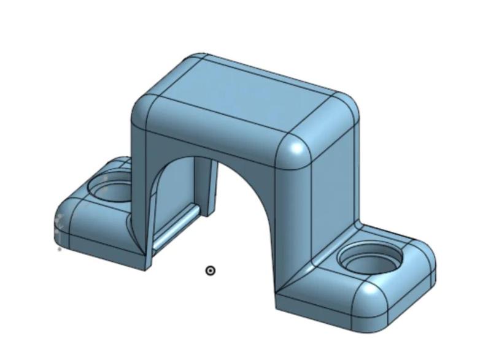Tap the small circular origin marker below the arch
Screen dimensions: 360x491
(211, 270)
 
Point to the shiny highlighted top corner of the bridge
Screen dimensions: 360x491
(298, 149)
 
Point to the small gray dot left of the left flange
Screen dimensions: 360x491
(60, 250)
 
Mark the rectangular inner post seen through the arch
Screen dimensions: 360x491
(206, 184)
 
